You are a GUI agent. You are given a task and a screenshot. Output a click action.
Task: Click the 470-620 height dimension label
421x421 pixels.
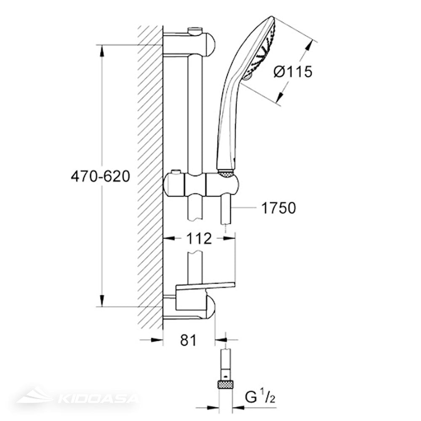100,176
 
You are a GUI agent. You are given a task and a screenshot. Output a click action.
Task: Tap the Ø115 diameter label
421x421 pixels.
293,72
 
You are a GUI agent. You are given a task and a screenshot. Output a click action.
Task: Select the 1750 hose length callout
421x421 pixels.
278,208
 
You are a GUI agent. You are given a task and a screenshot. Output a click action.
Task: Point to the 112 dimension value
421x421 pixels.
199,239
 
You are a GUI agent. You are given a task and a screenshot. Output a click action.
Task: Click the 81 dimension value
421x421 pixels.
188,340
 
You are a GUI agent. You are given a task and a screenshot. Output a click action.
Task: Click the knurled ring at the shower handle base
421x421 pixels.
226,172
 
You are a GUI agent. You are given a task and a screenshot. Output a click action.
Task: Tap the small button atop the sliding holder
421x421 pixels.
176,172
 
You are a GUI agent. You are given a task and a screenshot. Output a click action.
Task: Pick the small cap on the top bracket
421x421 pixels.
195,30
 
